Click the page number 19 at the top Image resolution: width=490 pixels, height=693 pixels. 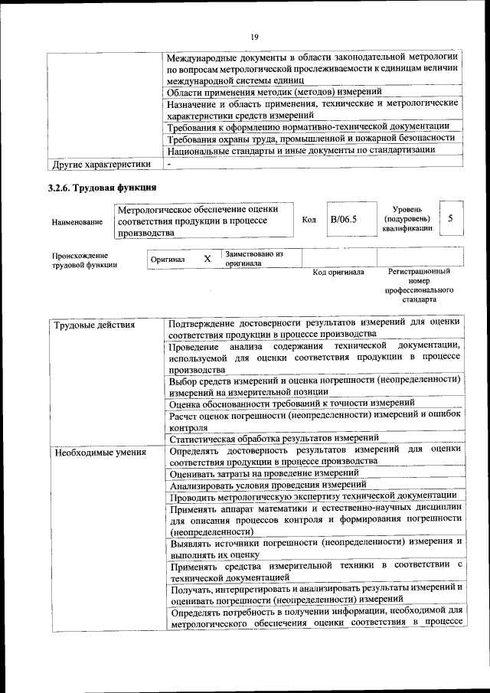pyautogui.click(x=255, y=37)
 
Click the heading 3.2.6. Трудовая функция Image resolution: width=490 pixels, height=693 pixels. pyautogui.click(x=97, y=188)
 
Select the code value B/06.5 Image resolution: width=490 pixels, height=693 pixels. pyautogui.click(x=344, y=220)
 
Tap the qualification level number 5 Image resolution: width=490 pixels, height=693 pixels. pyautogui.click(x=451, y=219)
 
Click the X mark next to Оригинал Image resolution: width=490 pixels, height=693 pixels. pyautogui.click(x=207, y=259)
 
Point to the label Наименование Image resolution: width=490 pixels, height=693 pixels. pyautogui.click(x=77, y=221)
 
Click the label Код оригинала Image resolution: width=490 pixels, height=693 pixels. pyautogui.click(x=338, y=272)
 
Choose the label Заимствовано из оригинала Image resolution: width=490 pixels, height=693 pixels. pyautogui.click(x=254, y=258)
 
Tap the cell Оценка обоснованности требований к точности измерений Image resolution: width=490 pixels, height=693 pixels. pyautogui.click(x=292, y=402)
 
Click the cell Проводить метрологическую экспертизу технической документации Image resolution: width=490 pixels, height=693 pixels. pyautogui.click(x=312, y=496)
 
